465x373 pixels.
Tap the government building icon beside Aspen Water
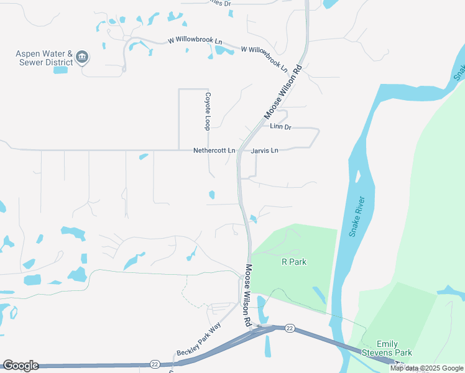tap(82, 58)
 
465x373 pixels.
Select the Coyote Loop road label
tap(209, 111)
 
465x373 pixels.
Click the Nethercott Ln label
tap(214, 150)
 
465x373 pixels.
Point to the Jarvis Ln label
tap(265, 150)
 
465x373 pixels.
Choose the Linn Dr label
tap(280, 127)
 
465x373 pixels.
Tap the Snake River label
tap(357, 219)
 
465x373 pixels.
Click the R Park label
tap(294, 262)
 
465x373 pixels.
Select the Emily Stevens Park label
tap(395, 349)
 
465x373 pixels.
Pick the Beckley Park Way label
tap(199, 339)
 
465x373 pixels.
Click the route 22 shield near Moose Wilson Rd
tap(290, 328)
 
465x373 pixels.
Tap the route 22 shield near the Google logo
tap(154, 364)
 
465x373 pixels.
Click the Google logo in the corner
tap(21, 366)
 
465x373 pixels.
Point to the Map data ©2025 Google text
tap(426, 368)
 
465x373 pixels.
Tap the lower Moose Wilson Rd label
tap(247, 296)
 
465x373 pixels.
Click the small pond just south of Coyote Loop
tap(211, 195)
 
